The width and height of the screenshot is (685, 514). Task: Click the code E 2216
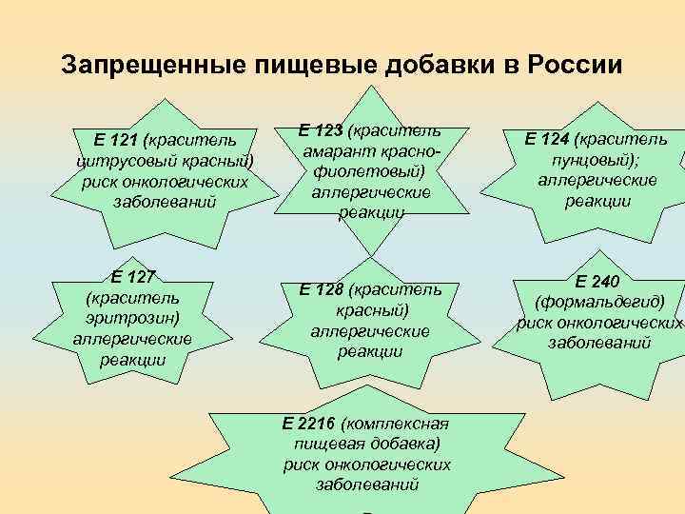310,423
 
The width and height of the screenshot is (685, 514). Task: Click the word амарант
334,152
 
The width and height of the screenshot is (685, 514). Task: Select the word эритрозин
132,318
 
